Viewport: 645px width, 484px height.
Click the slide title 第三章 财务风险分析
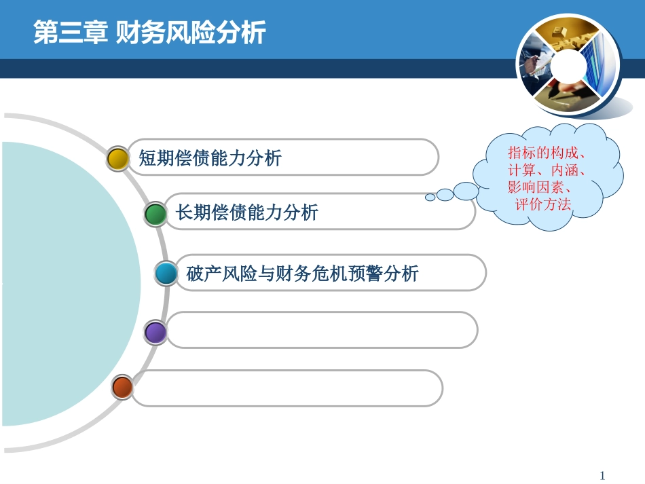pos(149,33)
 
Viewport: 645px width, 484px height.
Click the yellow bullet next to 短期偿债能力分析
pos(117,158)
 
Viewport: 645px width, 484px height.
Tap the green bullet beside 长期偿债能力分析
pos(155,214)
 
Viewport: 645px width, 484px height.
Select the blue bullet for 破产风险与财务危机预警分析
pos(166,274)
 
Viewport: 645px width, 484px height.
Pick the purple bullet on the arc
pos(155,332)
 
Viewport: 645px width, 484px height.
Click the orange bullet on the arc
pos(122,387)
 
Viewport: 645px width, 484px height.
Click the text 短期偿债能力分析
pos(210,158)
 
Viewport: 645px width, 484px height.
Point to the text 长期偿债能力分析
pos(246,213)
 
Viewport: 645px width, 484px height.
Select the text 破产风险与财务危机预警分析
pos(302,274)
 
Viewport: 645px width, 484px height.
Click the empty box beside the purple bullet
pos(322,331)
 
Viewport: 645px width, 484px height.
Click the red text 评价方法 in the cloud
pos(543,204)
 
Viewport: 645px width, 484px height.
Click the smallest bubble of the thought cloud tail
pos(430,198)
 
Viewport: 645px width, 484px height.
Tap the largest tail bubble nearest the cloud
pos(466,191)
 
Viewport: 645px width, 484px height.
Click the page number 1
pos(602,475)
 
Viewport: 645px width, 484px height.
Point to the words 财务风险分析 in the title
pos(190,33)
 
